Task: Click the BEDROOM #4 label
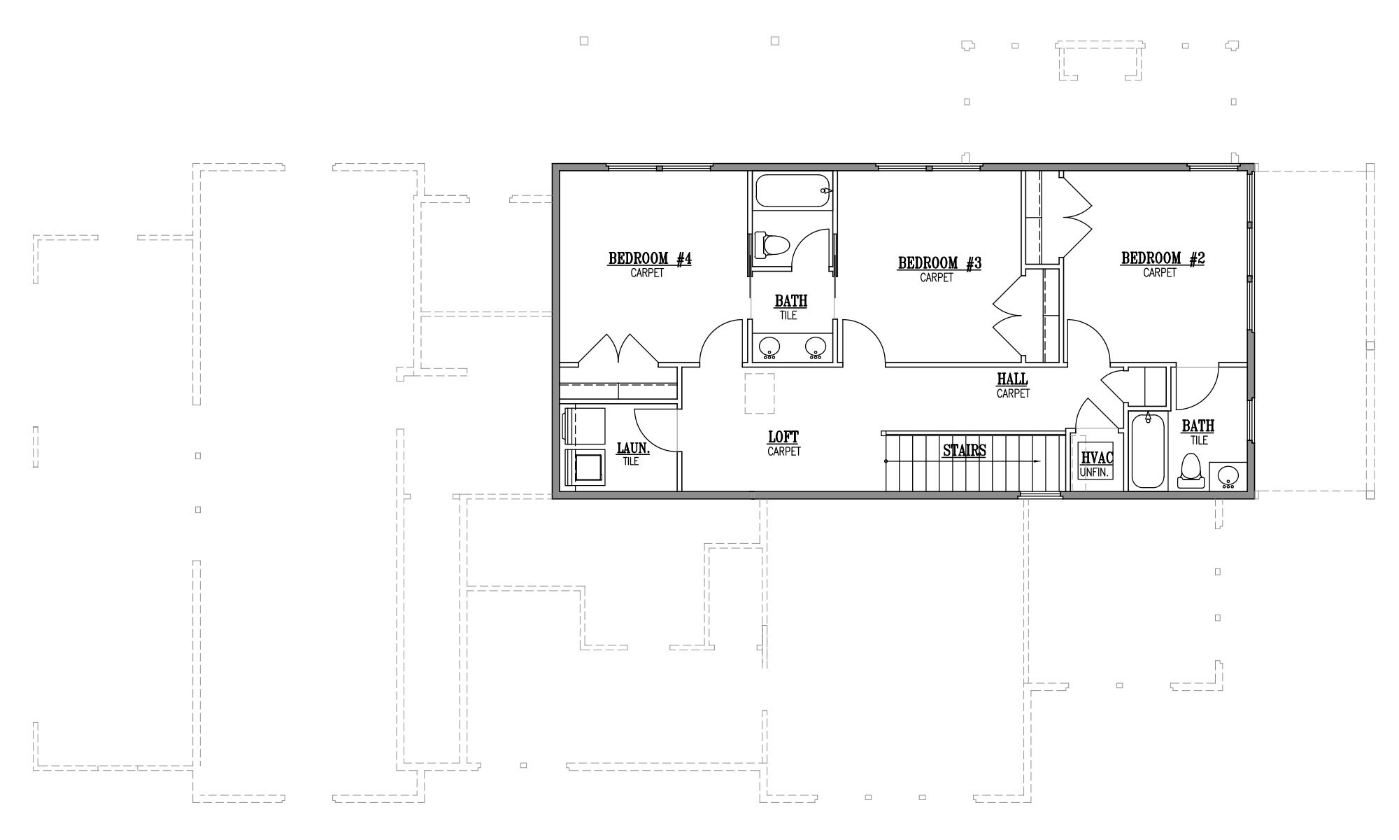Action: (x=650, y=259)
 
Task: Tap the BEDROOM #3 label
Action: (x=939, y=263)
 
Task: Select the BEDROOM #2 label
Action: (x=1163, y=258)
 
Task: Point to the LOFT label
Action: (x=783, y=437)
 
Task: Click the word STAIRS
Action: (x=964, y=450)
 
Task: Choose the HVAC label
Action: (x=1097, y=458)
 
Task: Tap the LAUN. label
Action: (x=633, y=447)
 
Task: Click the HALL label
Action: (x=1012, y=379)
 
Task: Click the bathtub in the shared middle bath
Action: (x=794, y=190)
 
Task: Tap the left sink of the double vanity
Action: (x=770, y=346)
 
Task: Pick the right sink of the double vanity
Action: (x=816, y=346)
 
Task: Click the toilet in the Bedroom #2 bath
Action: (x=1190, y=471)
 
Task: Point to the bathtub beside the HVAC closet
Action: (x=1147, y=451)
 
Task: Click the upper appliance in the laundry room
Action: (x=584, y=425)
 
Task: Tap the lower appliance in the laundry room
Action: (x=584, y=467)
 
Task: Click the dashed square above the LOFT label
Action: (x=760, y=393)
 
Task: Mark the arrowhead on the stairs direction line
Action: (x=1037, y=461)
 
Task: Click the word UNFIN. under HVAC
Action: (x=1095, y=472)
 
